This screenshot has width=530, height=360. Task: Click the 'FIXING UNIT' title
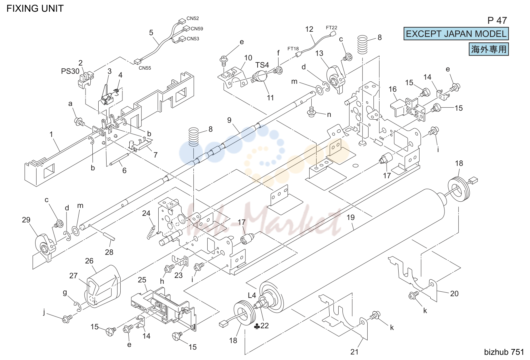(x=35, y=9)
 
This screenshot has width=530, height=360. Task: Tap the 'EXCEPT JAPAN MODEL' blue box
(x=456, y=34)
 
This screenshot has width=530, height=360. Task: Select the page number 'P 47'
(x=497, y=21)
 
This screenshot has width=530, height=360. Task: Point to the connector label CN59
(x=197, y=29)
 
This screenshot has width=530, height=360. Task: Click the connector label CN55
(x=145, y=68)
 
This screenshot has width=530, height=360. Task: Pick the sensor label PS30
(x=70, y=71)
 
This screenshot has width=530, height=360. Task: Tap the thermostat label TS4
(x=262, y=65)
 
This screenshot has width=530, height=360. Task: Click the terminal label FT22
(x=331, y=28)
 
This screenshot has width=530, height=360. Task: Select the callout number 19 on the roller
(x=351, y=217)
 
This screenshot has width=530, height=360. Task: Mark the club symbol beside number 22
(x=257, y=327)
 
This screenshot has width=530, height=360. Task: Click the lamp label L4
(x=252, y=295)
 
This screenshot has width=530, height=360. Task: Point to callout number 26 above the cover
(x=89, y=261)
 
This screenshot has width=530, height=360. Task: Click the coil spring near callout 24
(x=151, y=232)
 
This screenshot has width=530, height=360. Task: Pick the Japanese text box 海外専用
(x=489, y=49)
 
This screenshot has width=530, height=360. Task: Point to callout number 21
(x=354, y=352)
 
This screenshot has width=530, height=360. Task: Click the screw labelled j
(x=67, y=319)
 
